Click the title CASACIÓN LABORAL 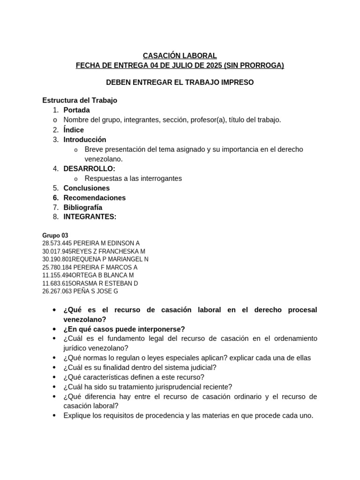point(180,56)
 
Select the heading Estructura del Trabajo point(80,100)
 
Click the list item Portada point(76,110)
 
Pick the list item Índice point(74,130)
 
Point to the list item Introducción point(85,140)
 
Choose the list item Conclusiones point(87,188)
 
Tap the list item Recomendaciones point(95,198)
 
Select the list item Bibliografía point(83,207)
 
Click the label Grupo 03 point(55,235)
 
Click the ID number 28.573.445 point(57,243)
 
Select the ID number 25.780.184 point(57,267)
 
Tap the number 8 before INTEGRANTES point(55,217)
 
